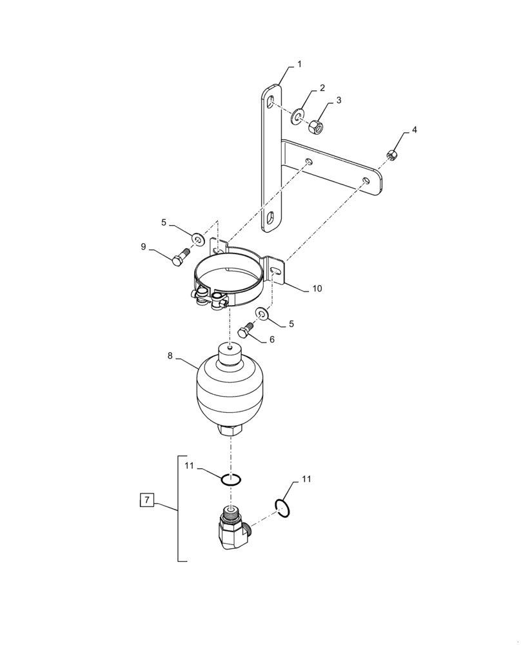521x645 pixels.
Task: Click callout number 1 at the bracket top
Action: (x=299, y=64)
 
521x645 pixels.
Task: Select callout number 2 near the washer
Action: (x=322, y=88)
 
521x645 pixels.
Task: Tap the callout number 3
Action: (x=339, y=100)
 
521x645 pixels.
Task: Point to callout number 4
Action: (x=414, y=130)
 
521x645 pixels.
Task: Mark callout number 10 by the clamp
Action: (x=317, y=288)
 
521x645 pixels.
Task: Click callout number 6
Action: (x=271, y=339)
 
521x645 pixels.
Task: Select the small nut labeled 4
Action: (x=391, y=155)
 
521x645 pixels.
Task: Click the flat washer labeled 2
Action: (x=299, y=114)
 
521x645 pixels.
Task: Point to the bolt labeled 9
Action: (x=180, y=257)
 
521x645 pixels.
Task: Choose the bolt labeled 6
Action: (x=246, y=331)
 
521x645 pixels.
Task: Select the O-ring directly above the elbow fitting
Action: (x=231, y=479)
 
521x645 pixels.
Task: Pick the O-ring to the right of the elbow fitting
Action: (x=282, y=508)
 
